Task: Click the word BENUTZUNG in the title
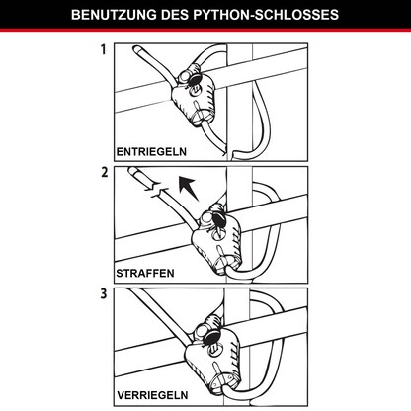coord(116,16)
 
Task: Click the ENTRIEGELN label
coord(153,152)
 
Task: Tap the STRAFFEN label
coord(146,274)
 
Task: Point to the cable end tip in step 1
coord(134,48)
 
